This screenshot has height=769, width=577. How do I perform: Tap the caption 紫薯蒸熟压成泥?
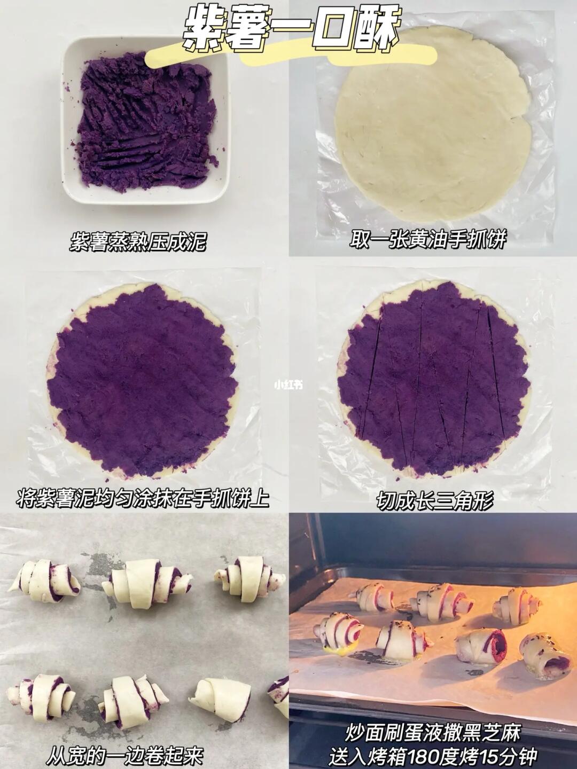(x=137, y=242)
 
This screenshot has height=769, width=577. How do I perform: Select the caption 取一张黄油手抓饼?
(x=428, y=240)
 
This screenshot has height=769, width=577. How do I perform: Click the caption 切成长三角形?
(x=435, y=500)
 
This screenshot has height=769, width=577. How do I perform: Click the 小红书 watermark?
(x=288, y=386)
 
